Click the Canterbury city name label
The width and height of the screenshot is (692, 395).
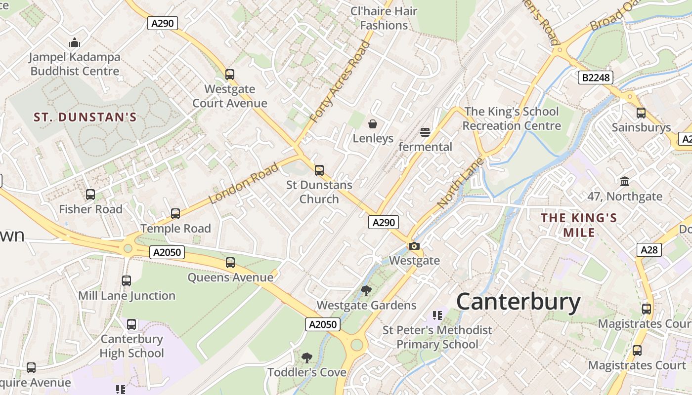[x=518, y=302]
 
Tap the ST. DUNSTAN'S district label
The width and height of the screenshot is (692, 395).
[x=85, y=117]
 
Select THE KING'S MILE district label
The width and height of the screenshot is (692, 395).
[x=579, y=225]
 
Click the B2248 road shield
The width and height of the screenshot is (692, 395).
[x=595, y=77]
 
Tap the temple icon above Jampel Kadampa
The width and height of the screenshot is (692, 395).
[x=75, y=42]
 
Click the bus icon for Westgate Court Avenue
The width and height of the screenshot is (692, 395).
[x=230, y=75]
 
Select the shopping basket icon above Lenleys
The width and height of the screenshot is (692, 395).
[x=373, y=123]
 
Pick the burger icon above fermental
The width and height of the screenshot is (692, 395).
[x=425, y=132]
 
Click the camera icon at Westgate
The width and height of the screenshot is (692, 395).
[x=414, y=246]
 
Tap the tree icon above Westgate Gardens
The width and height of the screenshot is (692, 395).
[x=366, y=290]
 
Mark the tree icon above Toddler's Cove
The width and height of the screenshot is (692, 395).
[x=307, y=357]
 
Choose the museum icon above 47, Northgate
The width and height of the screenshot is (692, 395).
[x=625, y=181]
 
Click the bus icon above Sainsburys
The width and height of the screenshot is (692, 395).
[x=641, y=113]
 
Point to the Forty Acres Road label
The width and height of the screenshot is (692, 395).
[x=340, y=82]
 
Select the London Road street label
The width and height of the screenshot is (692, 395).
[x=244, y=183]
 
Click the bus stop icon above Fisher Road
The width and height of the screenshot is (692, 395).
[x=90, y=195]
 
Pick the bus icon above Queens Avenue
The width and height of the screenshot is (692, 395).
[x=230, y=262]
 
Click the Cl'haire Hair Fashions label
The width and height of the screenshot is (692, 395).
[x=384, y=18]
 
